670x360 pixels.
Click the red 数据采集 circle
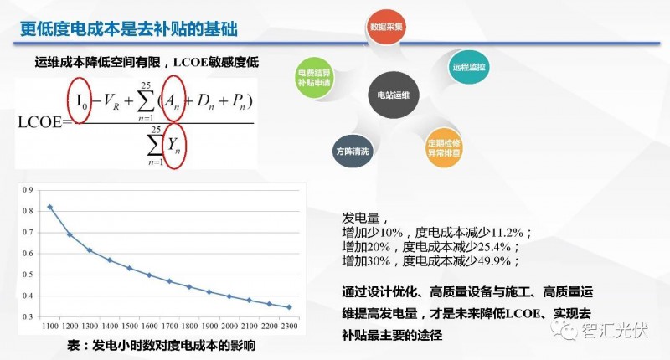click(x=386, y=28)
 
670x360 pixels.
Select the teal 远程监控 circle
click(x=469, y=67)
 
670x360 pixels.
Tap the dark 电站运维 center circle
click(x=393, y=95)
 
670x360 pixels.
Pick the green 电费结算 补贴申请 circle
click(x=315, y=78)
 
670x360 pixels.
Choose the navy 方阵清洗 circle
click(x=353, y=152)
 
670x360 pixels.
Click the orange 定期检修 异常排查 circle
click(x=444, y=148)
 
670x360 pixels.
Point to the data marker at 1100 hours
click(x=49, y=207)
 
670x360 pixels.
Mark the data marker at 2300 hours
click(x=289, y=307)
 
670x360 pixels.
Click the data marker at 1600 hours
click(x=150, y=275)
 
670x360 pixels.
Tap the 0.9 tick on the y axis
click(x=28, y=190)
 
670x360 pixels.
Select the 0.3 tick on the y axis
click(x=28, y=316)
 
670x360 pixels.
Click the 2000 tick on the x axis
click(x=229, y=326)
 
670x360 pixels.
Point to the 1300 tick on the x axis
click(x=90, y=326)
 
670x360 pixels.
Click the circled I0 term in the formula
click(x=80, y=100)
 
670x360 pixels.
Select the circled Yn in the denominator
click(x=175, y=146)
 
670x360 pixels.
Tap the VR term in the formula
click(x=111, y=101)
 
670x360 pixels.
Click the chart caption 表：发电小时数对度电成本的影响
click(x=161, y=345)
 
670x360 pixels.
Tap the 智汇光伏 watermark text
click(x=615, y=331)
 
